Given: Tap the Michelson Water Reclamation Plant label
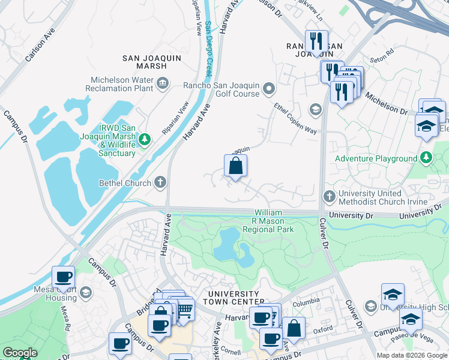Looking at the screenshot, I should pyautogui.click(x=122, y=84).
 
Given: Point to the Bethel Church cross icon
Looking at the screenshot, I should pyautogui.click(x=160, y=182).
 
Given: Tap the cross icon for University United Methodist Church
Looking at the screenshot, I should pyautogui.click(x=329, y=196).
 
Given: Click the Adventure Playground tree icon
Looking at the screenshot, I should pyautogui.click(x=426, y=158).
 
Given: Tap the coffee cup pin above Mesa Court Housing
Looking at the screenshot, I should pyautogui.click(x=63, y=277).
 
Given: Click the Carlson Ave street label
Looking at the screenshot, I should pyautogui.click(x=40, y=44).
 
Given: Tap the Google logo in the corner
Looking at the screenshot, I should pyautogui.click(x=20, y=353).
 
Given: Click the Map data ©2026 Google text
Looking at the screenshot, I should pyautogui.click(x=412, y=355).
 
